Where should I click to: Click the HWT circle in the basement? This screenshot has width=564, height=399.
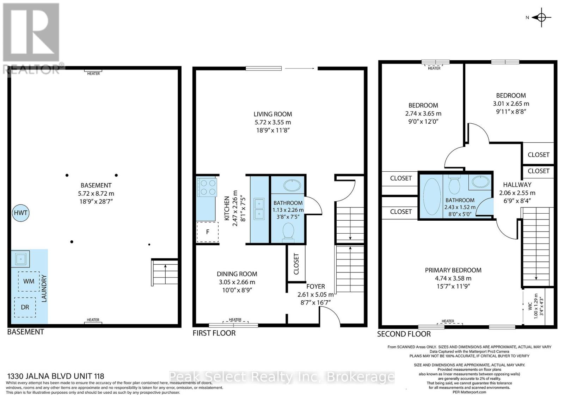click(21, 213)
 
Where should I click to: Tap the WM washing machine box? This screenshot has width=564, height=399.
click(29, 281)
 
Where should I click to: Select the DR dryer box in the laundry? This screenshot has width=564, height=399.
click(25, 307)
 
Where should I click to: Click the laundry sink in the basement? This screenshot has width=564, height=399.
click(20, 259)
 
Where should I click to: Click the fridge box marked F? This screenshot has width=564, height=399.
click(208, 232)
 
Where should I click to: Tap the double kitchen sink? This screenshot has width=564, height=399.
click(259, 209)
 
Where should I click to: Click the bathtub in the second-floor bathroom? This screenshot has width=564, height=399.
click(432, 197)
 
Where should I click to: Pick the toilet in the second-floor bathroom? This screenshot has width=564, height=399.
click(454, 185)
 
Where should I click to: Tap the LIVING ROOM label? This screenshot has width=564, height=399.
click(273, 114)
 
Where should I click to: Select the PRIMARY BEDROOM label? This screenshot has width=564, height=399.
click(453, 270)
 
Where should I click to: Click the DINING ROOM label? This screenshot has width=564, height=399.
click(237, 274)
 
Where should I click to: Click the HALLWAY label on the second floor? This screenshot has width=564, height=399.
click(517, 185)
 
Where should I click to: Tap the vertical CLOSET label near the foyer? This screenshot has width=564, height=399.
click(296, 264)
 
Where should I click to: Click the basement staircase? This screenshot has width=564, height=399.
click(165, 272)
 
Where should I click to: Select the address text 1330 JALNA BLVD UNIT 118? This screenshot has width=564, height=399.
click(56, 376)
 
